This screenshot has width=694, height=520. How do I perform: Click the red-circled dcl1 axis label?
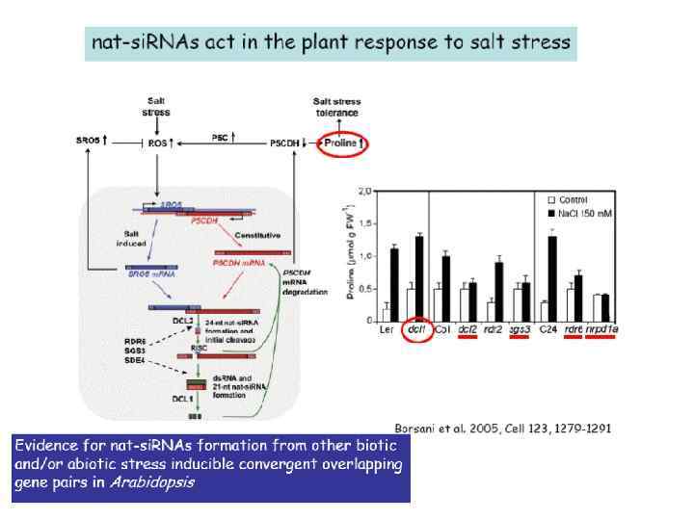pos(416,330)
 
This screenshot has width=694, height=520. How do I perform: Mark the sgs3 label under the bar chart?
pos(519,330)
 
